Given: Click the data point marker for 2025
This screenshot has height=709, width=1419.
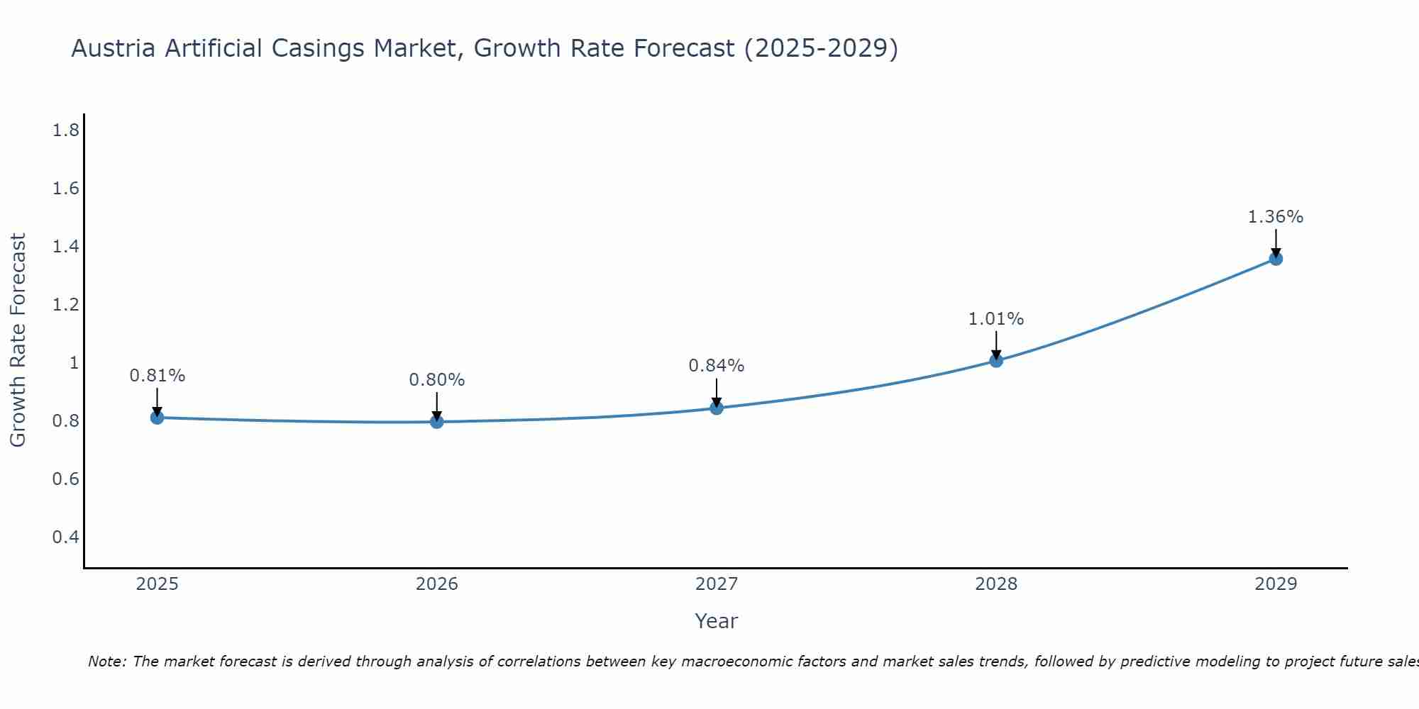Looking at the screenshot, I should tap(158, 418).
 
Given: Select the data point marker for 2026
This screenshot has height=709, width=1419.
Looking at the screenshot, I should tap(437, 422).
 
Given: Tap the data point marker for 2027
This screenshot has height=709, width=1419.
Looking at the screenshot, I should tap(717, 408).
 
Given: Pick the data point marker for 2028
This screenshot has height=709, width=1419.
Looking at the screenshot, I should tap(996, 360).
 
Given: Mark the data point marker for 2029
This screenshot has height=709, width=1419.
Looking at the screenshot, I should tap(1276, 259).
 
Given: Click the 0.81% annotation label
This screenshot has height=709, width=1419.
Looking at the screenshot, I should tap(158, 376).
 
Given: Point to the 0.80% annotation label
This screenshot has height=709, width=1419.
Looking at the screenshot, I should tap(437, 380).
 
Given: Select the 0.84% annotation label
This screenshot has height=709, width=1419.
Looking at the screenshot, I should tap(717, 366).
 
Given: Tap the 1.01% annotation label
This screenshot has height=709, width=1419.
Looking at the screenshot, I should tap(996, 319).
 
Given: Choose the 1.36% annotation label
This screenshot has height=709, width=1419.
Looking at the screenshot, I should tap(1276, 217).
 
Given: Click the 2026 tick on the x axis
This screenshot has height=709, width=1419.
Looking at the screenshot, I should tap(437, 584).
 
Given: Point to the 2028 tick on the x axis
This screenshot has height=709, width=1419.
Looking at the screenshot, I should tap(996, 584).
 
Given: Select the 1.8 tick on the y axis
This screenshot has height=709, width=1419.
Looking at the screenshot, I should tap(65, 130).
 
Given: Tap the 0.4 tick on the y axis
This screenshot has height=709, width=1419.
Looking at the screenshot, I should tap(65, 537).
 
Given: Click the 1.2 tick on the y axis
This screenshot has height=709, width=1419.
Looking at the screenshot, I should tap(65, 305).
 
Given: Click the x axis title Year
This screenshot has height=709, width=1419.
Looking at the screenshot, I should tap(717, 621).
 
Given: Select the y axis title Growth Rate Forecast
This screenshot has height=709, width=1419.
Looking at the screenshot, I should tap(18, 340).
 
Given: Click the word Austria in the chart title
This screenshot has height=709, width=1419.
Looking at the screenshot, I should tap(114, 49).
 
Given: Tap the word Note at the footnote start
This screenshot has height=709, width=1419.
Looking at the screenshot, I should tap(106, 661).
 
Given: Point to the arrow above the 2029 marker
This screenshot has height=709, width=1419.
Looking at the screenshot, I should tap(1276, 242).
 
